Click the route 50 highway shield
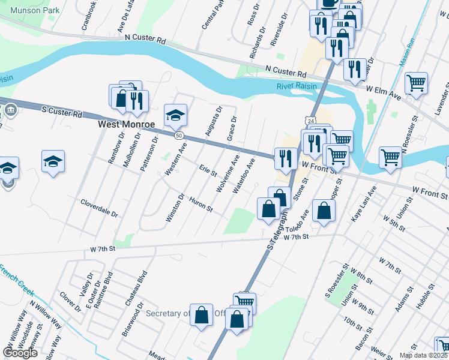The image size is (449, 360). [x=179, y=136]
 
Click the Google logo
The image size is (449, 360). [x=20, y=353]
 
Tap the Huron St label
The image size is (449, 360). [x=201, y=205]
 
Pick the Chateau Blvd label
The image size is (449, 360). [x=135, y=289]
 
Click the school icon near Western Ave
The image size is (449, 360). [x=176, y=114]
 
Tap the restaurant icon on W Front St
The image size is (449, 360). [x=285, y=158]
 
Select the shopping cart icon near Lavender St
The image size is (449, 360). [x=416, y=83]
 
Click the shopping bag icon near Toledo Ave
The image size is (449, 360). [x=324, y=211]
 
